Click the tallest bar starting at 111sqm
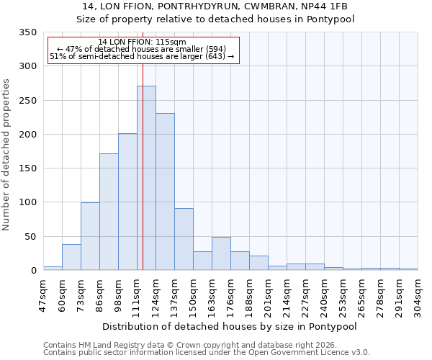[x=146, y=178]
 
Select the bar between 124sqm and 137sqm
[x=165, y=192]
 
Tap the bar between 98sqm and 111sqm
[x=127, y=202]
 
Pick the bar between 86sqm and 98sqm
[x=109, y=212]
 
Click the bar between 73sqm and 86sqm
[x=90, y=236]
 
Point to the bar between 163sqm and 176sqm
[x=221, y=253]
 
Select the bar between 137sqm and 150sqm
[x=184, y=239]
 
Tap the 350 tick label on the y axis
[x=27, y=32]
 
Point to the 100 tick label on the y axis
[x=27, y=202]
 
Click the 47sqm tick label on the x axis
[x=44, y=294]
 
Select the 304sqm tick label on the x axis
[x=418, y=294]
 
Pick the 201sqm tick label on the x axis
[x=269, y=294]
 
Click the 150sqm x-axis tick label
[x=194, y=294]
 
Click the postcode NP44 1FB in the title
[x=325, y=6]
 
